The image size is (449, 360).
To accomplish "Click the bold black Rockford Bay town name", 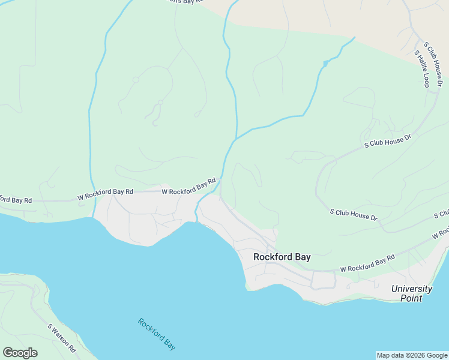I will (282, 257).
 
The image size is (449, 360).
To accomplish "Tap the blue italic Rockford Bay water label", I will (157, 334).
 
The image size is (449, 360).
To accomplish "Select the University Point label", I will (411, 293).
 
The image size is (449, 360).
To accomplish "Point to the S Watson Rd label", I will (62, 338).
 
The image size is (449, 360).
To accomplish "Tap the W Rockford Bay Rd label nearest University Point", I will (367, 263).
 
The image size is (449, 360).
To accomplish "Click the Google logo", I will (20, 353).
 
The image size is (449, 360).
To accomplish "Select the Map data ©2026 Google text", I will (412, 355).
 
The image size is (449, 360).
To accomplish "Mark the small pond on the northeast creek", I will (325, 63).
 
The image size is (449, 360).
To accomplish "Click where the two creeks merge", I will (235, 139).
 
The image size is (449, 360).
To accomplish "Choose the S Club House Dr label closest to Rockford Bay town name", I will (354, 214).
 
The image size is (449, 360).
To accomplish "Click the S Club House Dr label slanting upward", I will (388, 142).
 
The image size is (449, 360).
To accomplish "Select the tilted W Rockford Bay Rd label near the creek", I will (188, 187).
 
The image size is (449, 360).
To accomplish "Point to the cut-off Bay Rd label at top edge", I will (183, 2).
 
